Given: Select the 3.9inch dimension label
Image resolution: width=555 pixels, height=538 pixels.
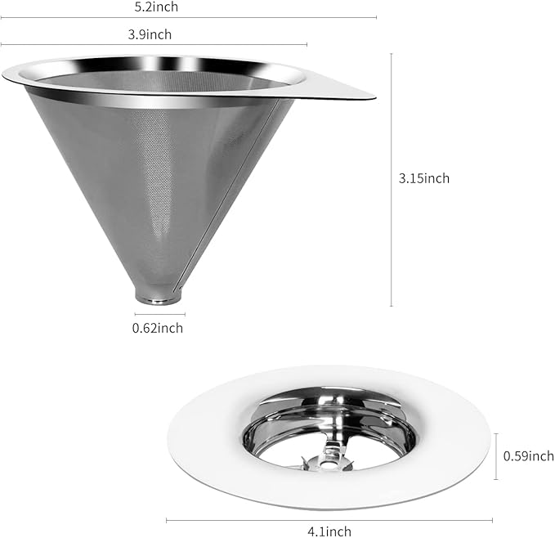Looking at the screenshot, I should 150,34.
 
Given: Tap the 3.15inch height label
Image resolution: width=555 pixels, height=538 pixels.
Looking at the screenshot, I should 424,178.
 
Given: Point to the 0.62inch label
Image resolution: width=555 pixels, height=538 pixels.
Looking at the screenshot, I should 158,329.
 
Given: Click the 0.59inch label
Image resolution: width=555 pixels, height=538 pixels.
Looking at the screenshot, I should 528,456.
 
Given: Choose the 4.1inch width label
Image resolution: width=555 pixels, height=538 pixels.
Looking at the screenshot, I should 329,531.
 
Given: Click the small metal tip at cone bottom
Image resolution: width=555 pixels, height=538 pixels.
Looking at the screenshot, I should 159,298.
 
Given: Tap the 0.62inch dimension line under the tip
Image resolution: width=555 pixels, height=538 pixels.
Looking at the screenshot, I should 160,314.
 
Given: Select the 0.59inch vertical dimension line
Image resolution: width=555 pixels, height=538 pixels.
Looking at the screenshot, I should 497,456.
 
